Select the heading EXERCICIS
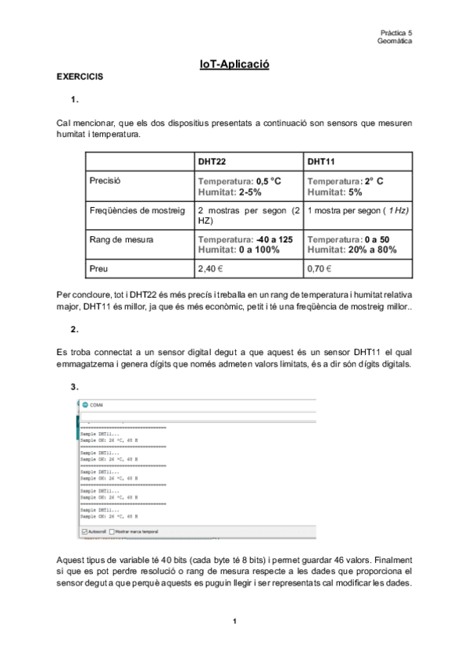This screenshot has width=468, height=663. coord(79,78)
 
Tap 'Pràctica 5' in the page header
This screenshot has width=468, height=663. coord(396,33)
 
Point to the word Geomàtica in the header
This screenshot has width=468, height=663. coord(395,41)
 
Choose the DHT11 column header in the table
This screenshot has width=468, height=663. coord(321,162)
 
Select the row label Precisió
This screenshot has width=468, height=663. coord(107,181)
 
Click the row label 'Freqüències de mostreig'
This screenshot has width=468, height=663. coord(138,210)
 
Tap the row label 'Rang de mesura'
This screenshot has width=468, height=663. coord(122,239)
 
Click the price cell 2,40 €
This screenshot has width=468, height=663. coord(211,268)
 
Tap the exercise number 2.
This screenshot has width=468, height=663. coord(74,329)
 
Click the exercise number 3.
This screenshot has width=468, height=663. coord(74,387)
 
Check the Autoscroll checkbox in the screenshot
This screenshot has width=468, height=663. coord(84,531)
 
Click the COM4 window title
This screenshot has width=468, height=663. coord(97,405)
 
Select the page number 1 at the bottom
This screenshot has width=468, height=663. coord(234,622)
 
